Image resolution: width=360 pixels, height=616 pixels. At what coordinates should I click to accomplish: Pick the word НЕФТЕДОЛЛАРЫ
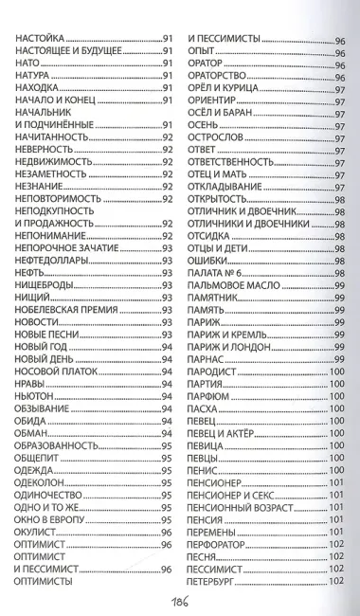pos(53,260)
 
